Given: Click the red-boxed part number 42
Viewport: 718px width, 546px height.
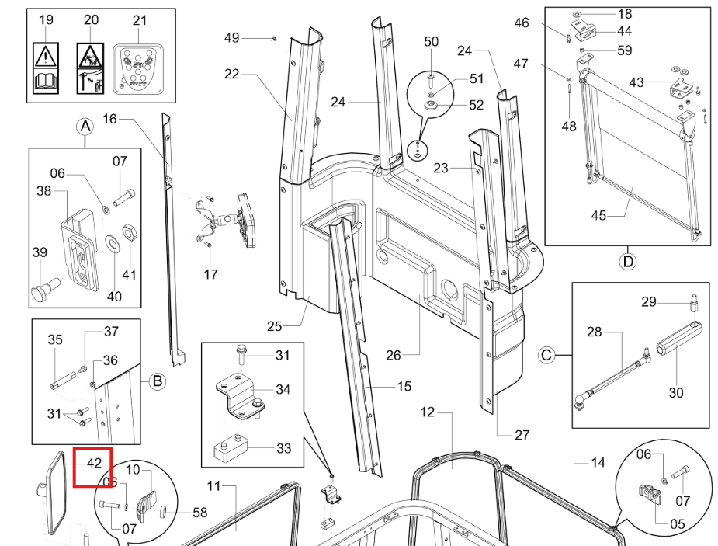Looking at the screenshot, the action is point(94,463).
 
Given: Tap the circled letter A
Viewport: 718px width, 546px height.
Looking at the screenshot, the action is point(85,127).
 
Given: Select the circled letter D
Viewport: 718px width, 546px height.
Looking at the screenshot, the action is point(628,262).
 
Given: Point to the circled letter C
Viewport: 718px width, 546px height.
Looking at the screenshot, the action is point(546,356).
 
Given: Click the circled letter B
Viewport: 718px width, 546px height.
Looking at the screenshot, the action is point(157,381).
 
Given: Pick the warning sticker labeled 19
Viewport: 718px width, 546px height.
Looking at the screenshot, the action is point(46,68).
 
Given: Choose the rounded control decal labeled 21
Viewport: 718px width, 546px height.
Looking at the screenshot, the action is point(138,69).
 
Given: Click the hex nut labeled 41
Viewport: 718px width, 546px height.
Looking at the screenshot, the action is point(129,234).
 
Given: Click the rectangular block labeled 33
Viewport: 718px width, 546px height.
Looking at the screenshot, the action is point(231,449).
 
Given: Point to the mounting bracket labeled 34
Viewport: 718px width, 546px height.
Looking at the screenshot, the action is point(240,397).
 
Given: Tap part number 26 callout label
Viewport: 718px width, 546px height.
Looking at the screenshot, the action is point(394,355).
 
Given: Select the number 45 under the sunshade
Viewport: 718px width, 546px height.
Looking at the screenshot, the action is point(598,215).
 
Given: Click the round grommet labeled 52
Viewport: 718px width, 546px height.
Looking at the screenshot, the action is point(431,106).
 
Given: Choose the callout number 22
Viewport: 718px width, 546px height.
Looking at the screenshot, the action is point(232,74).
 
